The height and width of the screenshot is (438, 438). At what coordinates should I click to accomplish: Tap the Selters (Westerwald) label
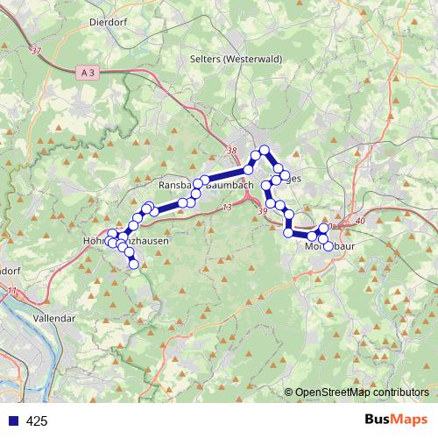pyautogui.click(x=234, y=59)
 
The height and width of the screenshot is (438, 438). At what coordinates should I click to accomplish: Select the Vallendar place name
pyautogui.click(x=53, y=320)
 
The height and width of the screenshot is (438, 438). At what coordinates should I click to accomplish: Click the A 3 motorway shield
pyautogui.click(x=86, y=72)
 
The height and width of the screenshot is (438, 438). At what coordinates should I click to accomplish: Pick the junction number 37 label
pyautogui.click(x=35, y=53)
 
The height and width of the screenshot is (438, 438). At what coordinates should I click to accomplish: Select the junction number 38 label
pyautogui.click(x=231, y=152)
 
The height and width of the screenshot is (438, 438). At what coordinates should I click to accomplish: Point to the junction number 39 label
pyautogui.click(x=263, y=211)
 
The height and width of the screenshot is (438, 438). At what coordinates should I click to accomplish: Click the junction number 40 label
pyautogui.click(x=361, y=221)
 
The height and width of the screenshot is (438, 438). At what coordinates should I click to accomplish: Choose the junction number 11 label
pyautogui.click(x=11, y=290)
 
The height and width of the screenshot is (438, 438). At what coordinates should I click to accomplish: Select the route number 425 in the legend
pyautogui.click(x=37, y=421)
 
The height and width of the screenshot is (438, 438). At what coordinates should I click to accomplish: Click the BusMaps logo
pyautogui.click(x=396, y=420)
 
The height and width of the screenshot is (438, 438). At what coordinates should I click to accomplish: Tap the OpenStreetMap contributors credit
pyautogui.click(x=362, y=393)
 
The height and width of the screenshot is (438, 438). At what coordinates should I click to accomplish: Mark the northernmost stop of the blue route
pyautogui.click(x=263, y=151)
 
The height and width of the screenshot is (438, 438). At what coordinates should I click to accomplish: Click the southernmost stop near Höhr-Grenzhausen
pyautogui.click(x=133, y=264)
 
